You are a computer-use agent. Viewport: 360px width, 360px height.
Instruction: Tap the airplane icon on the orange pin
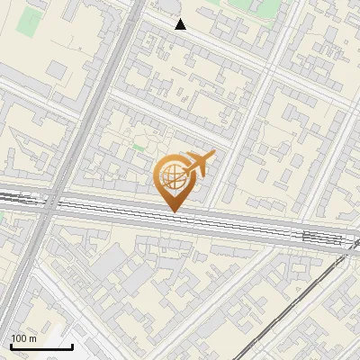pyautogui.click(x=197, y=165)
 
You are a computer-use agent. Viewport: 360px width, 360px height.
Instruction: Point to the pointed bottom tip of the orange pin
pyautogui.click(x=173, y=211)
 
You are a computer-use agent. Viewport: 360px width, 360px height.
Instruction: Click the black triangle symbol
pyautogui.click(x=181, y=24)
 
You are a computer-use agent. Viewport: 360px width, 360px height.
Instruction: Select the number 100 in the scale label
pyautogui.click(x=19, y=339)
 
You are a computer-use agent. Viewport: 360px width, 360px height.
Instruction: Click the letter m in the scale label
pyautogui.click(x=32, y=339)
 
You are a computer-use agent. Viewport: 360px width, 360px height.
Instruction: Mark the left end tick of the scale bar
pyautogui.click(x=11, y=346)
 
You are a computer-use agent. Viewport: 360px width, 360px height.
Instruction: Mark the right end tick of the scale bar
pyautogui.click(x=72, y=346)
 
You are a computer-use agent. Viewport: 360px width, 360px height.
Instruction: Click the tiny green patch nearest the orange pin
pyautogui.click(x=138, y=145)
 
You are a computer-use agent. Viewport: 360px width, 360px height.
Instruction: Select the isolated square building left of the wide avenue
pyautogui.click(x=58, y=68)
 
